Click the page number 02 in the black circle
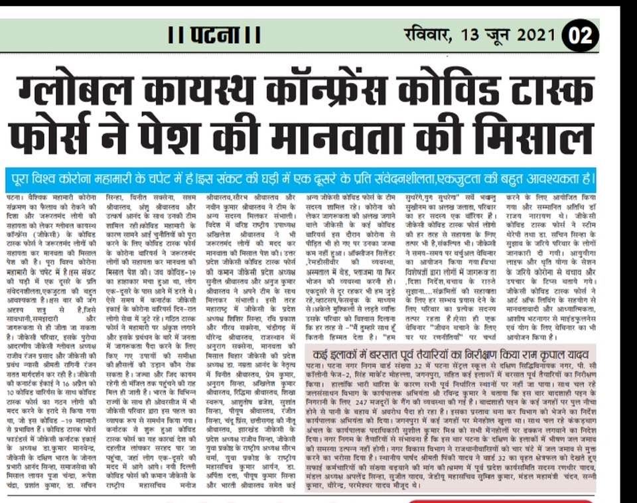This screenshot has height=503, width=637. [x=580, y=35]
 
